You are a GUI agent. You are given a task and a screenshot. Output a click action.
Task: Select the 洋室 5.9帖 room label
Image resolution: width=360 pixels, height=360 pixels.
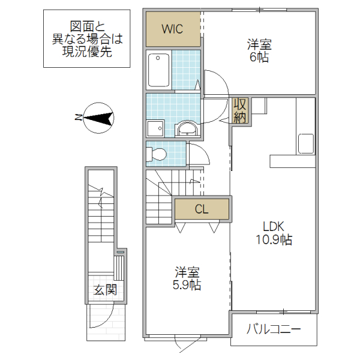click(x=187, y=278)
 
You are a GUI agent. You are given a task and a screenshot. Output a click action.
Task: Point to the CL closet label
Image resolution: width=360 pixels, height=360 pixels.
click(x=202, y=209)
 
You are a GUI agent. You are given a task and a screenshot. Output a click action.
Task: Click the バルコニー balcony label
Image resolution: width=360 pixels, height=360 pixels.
click(x=273, y=329)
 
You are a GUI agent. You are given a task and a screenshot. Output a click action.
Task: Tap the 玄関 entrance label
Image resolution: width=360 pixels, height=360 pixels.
click(x=105, y=290)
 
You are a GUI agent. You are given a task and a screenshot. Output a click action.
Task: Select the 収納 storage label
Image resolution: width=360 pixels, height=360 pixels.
click(x=240, y=109)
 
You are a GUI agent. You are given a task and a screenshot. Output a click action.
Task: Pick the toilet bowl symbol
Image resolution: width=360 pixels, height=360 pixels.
click(x=157, y=154)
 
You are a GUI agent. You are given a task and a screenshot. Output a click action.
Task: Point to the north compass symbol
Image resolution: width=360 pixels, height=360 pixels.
click(x=99, y=118)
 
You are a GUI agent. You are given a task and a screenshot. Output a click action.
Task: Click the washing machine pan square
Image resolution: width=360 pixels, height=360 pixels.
click(x=156, y=129)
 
